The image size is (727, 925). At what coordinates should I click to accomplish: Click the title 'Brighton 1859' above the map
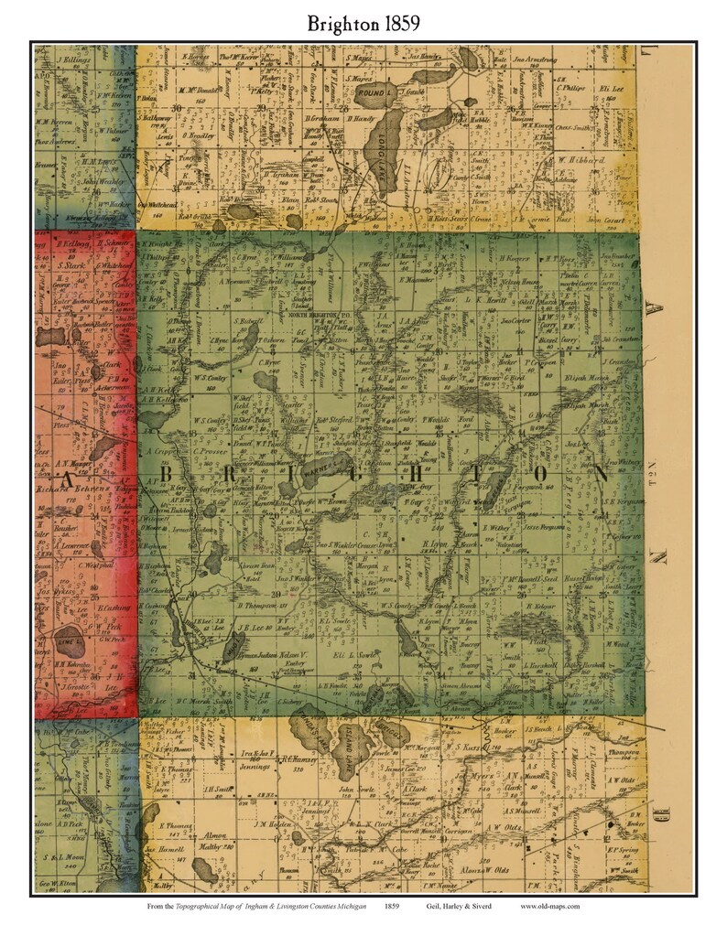click(x=363, y=23)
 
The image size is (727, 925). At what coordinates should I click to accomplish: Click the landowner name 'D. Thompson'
click(x=255, y=607)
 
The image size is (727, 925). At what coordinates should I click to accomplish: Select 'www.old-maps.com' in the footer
click(x=549, y=906)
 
